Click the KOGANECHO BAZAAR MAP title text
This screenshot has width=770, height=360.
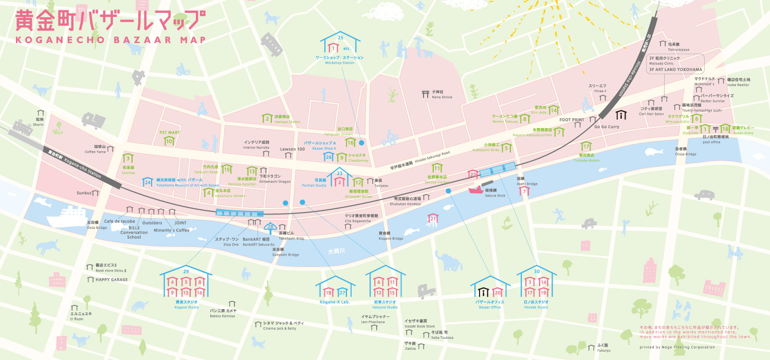point(111,40)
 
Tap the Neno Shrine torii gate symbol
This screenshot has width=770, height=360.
point(425,94)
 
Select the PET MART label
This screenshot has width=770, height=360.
point(169,132)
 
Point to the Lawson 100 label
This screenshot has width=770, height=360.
point(292,149)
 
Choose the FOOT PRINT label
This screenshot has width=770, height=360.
point(572,120)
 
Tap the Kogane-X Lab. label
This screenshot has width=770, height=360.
point(335,302)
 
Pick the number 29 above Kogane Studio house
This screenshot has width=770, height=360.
point(186,271)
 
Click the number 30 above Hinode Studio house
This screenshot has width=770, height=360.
point(537,271)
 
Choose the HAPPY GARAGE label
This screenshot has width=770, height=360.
point(112,280)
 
